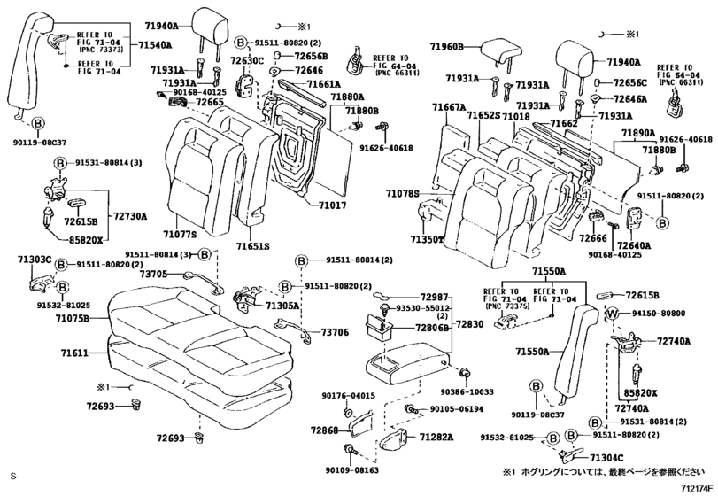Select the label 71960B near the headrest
448,46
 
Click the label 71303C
35,260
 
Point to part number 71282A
436,437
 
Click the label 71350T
428,239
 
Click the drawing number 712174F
696,486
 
